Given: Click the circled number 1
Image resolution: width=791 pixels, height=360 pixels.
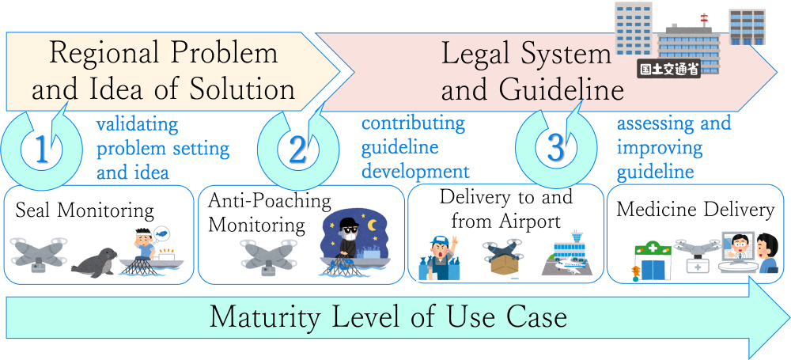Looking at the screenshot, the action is [x=41, y=151].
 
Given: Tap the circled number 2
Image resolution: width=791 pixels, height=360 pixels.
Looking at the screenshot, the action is [x=297, y=151].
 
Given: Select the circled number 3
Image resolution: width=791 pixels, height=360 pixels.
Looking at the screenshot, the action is [x=555, y=149].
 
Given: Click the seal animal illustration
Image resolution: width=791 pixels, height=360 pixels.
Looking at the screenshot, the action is [x=94, y=263].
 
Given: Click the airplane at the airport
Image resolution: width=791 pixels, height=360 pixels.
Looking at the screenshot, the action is [x=570, y=267].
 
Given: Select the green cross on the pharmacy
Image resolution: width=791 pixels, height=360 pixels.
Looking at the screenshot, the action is [x=653, y=249].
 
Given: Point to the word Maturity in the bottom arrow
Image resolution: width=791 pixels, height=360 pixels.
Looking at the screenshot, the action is [x=265, y=317].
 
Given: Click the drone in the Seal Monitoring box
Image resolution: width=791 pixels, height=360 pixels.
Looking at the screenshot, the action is [x=37, y=252].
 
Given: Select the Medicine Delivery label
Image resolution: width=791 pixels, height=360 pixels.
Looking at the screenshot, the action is [x=695, y=210].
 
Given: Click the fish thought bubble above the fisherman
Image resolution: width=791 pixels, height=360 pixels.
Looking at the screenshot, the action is [x=161, y=233].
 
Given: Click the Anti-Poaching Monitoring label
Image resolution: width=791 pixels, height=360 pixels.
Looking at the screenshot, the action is [x=270, y=213].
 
